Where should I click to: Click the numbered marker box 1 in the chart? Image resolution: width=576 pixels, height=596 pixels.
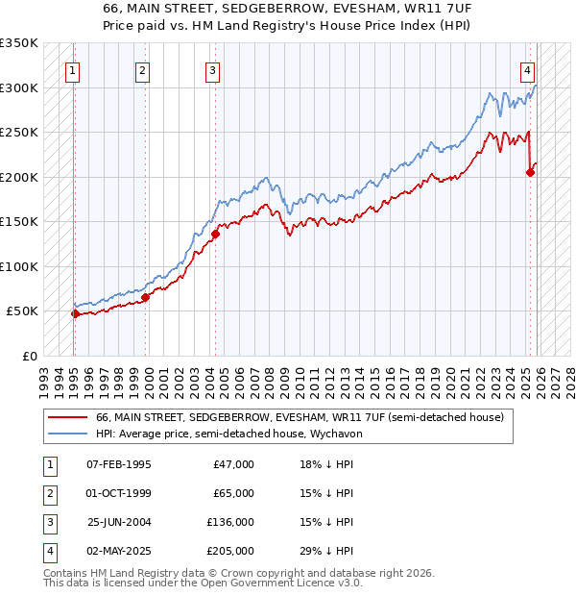coord(74,69)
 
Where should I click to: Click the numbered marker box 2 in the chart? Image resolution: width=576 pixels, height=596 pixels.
coord(142,69)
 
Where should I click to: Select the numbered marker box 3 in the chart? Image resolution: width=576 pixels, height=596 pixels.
coord(212,69)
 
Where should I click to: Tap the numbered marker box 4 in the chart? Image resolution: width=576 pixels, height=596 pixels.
coord(528,69)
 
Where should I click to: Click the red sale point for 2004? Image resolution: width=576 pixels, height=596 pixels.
coord(216,234)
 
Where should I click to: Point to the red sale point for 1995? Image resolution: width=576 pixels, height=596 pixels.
coord(75,313)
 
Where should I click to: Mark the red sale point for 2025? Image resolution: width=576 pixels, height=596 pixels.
coord(531,173)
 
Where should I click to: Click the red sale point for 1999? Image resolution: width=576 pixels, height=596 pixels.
coord(146,297)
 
